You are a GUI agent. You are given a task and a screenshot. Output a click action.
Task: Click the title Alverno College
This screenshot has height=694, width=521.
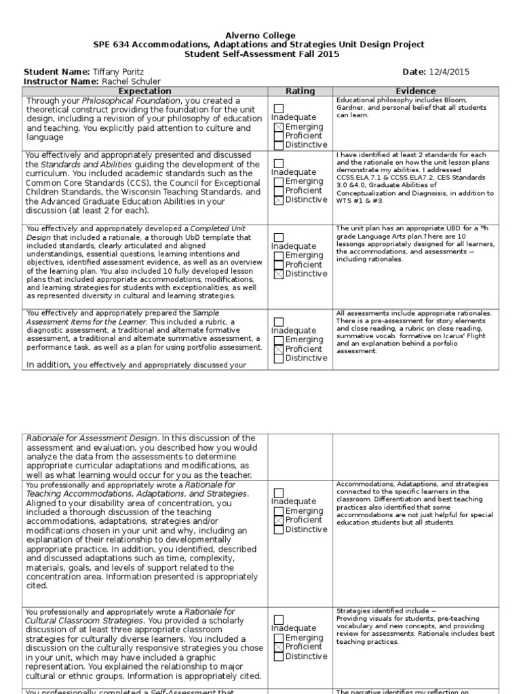click(260, 35)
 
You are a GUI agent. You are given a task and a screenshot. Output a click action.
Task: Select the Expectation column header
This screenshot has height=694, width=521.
click(145, 91)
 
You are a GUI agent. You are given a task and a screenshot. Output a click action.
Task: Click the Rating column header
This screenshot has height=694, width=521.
click(299, 91)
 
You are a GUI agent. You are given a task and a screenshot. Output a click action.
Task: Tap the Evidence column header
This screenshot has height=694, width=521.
click(416, 91)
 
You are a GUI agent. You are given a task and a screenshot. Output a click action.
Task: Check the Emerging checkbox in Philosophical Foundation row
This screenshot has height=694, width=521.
click(279, 127)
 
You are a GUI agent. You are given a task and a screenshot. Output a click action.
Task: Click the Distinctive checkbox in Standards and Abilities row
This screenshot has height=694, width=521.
click(279, 200)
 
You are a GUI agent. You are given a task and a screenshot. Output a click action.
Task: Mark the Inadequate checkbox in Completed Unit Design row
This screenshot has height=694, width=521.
click(279, 237)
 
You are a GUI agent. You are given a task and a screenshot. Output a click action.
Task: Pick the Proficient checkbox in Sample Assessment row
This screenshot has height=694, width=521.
click(279, 349)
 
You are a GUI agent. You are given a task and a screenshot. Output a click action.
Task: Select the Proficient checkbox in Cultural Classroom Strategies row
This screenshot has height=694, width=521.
click(279, 647)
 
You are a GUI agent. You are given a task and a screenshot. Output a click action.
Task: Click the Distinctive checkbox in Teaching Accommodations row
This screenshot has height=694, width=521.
click(279, 529)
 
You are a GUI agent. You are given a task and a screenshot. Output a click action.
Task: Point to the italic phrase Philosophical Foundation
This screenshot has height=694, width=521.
click(130, 101)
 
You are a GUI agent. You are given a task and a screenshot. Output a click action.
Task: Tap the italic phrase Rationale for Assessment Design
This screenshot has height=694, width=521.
click(90, 438)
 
